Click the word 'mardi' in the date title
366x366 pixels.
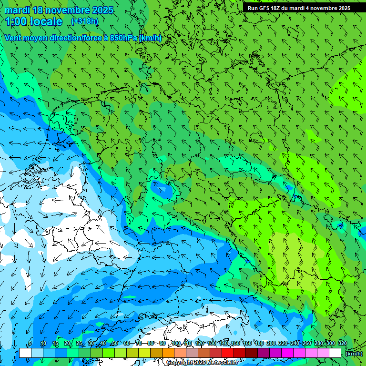(x=18, y=10)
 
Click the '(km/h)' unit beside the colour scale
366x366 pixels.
(x=354, y=354)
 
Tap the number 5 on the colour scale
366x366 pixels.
(x=30, y=343)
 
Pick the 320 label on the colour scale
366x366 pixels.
(x=342, y=343)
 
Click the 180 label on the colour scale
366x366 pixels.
(x=259, y=343)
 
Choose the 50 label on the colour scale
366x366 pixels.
(x=115, y=343)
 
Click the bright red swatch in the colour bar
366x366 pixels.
(x=227, y=353)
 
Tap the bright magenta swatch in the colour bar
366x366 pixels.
(x=287, y=353)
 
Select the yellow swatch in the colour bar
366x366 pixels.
(x=144, y=353)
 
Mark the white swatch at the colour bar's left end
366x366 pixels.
(x=25, y=353)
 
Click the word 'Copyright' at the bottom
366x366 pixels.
(x=179, y=363)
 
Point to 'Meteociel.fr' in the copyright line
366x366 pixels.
(x=222, y=363)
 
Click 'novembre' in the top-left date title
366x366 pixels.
(x=65, y=10)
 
